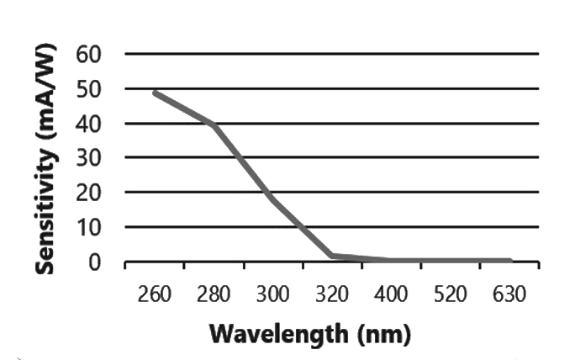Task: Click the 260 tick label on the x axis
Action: [x=156, y=295]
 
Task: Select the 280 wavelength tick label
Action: [x=214, y=295]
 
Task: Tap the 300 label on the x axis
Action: [x=273, y=295]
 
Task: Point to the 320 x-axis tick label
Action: [x=333, y=295]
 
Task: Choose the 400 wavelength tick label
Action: [x=392, y=295]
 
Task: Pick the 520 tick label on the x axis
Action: [x=451, y=295]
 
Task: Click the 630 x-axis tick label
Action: [x=509, y=295]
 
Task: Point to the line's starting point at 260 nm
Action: [x=156, y=93]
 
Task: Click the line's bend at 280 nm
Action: [x=214, y=124]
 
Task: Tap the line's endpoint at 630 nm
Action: [x=509, y=261]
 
